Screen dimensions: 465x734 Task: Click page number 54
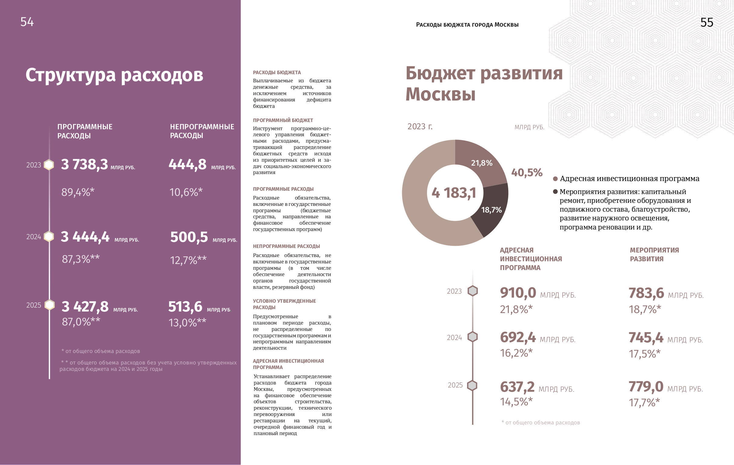click(27, 22)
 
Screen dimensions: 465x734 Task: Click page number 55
click(706, 22)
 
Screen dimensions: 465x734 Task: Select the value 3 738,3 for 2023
click(85, 164)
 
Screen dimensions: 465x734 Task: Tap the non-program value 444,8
click(188, 164)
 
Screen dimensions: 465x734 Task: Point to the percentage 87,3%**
click(81, 259)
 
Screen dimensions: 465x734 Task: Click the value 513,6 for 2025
click(185, 307)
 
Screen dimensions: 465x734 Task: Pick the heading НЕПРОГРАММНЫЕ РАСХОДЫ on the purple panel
click(202, 131)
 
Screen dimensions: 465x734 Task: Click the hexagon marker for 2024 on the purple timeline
click(49, 237)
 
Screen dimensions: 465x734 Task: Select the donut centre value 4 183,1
click(454, 193)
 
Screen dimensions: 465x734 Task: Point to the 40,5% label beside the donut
click(527, 173)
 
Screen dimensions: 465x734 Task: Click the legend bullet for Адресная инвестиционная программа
click(556, 179)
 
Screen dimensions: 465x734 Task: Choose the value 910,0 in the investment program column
click(518, 293)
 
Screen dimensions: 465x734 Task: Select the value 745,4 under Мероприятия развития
click(646, 338)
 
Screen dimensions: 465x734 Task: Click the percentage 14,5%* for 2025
click(516, 402)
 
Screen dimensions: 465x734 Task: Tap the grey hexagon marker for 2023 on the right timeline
click(472, 291)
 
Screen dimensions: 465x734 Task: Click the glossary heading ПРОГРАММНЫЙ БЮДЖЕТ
click(283, 120)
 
